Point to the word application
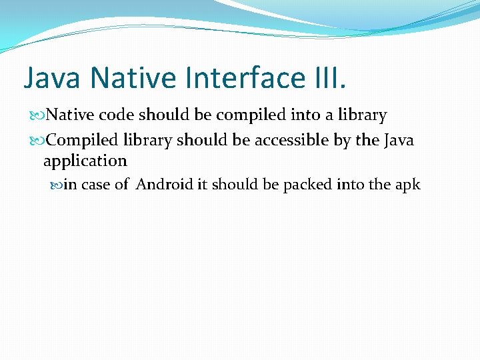click(x=85, y=161)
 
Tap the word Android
click(x=165, y=185)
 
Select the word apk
click(x=407, y=185)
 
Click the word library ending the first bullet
click(x=363, y=116)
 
